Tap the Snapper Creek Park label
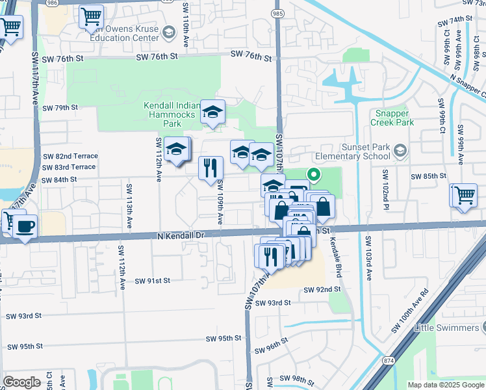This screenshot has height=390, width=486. (392, 118)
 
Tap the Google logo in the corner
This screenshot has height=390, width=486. (21, 382)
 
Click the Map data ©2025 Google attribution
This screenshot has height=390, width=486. (446, 385)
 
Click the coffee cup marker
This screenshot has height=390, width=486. (25, 227)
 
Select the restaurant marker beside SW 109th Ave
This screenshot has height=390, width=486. (211, 168)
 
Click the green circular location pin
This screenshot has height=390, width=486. (314, 174)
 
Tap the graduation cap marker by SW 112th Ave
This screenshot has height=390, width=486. (175, 149)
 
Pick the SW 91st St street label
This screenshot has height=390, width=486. (152, 281)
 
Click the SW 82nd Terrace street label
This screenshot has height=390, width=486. (70, 156)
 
